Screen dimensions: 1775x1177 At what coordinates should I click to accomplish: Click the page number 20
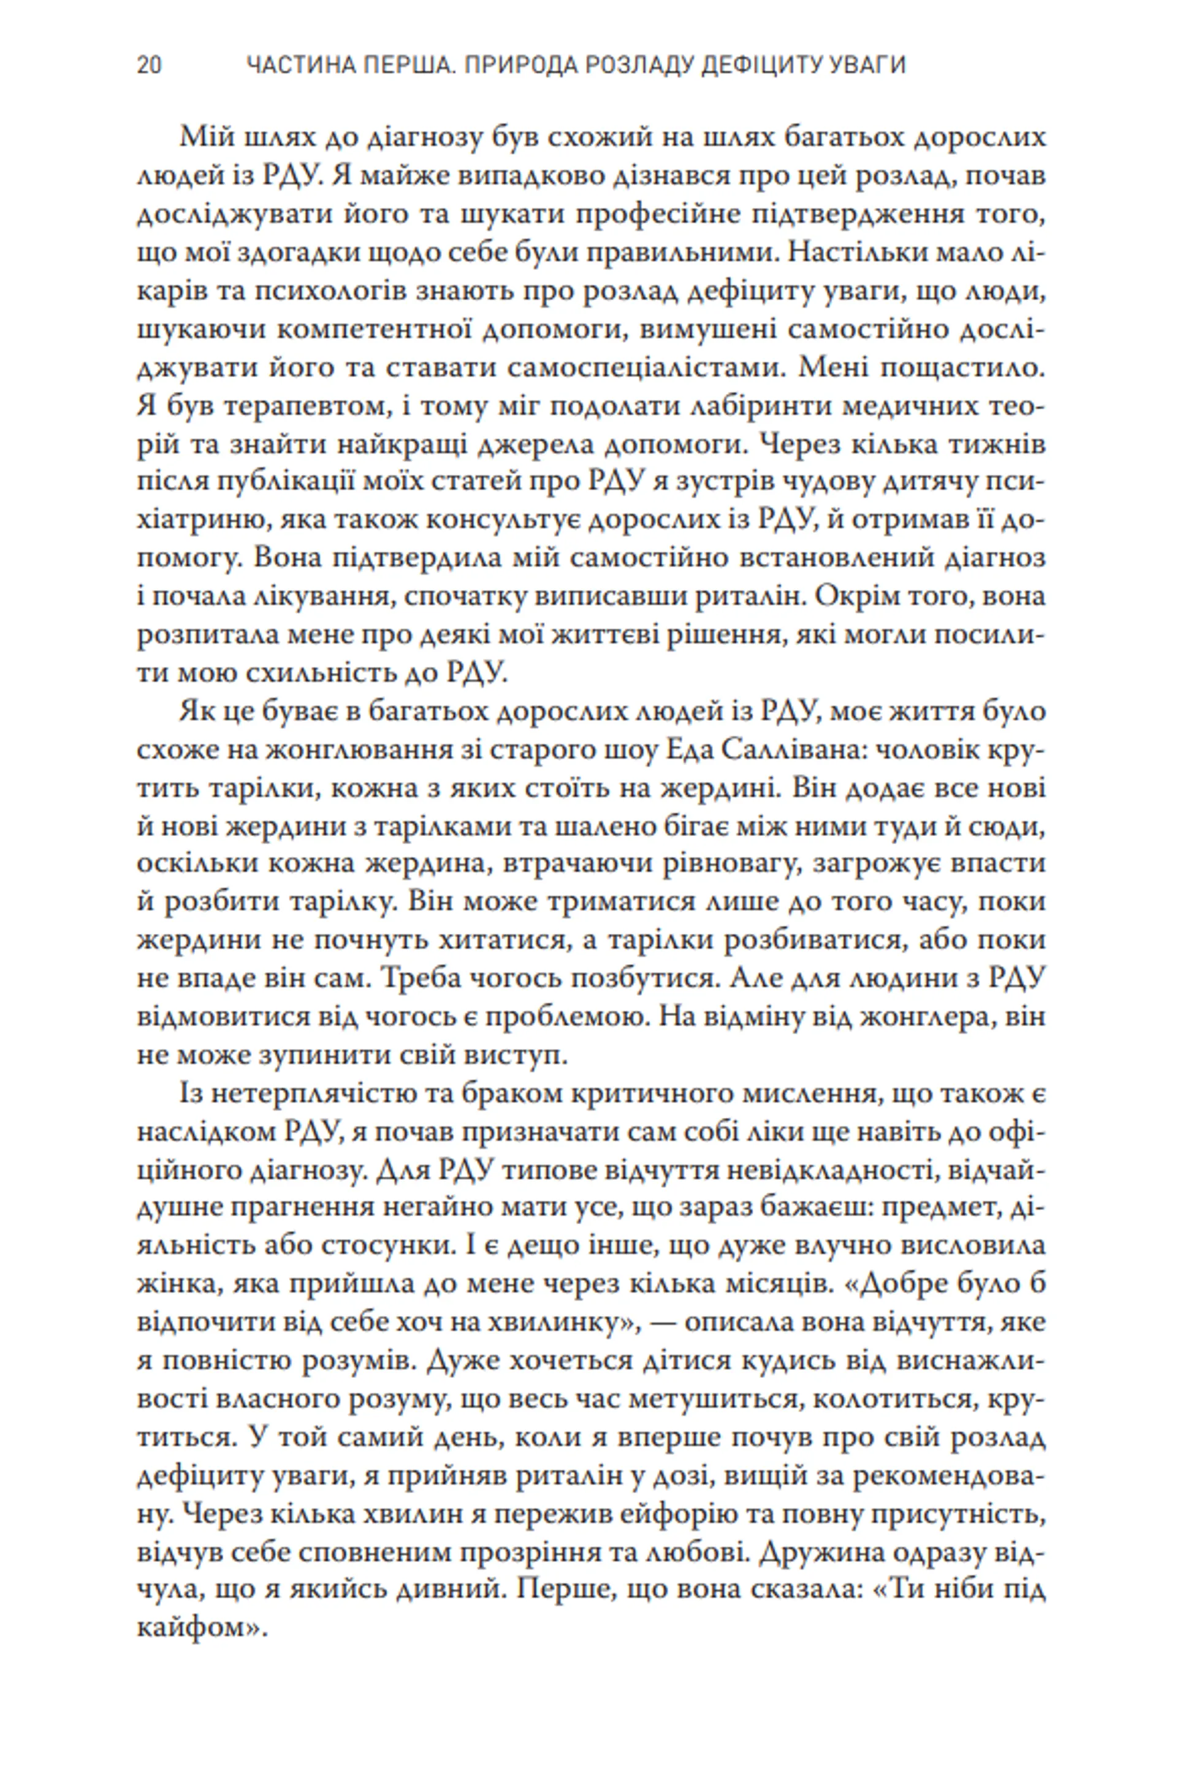pos(148,66)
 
